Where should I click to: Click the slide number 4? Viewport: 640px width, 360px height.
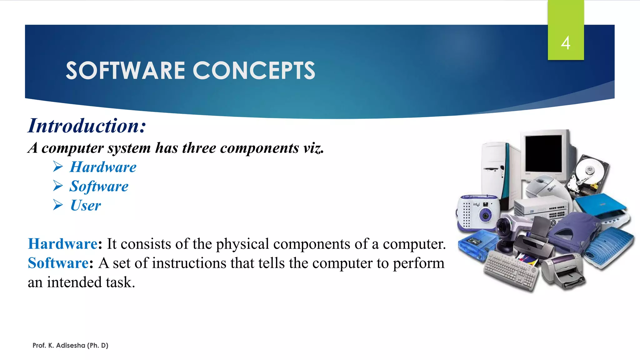point(565,43)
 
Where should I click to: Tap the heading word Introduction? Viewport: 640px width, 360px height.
point(86,126)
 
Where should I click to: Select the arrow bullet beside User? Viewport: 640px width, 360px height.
point(58,205)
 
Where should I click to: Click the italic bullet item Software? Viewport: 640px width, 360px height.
point(99,186)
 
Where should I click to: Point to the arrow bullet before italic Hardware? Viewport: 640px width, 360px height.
point(58,167)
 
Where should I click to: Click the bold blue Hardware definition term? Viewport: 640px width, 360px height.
point(63,244)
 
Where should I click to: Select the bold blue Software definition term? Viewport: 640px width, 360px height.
point(58,263)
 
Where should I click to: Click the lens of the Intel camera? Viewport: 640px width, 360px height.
point(485,215)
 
